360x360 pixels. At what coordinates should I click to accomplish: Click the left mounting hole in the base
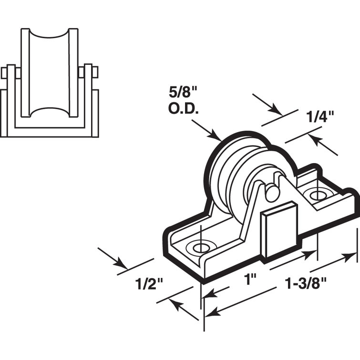200,247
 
